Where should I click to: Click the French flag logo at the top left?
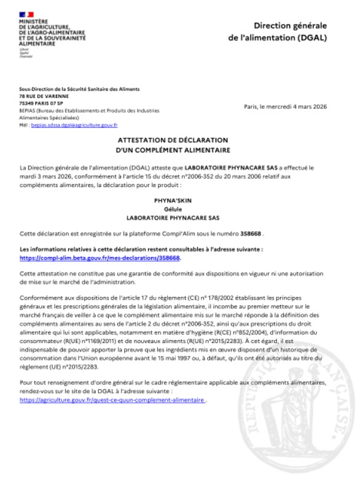[26, 14]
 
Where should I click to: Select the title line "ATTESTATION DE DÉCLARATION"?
[180, 140]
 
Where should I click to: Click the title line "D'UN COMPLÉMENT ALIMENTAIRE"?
[180, 149]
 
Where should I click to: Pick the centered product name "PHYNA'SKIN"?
[180, 200]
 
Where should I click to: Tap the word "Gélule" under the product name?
[180, 209]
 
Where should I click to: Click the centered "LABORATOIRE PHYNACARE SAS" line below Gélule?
[180, 218]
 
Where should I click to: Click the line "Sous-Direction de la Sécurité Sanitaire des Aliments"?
[79, 89]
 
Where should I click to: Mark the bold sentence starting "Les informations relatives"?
[142, 250]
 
